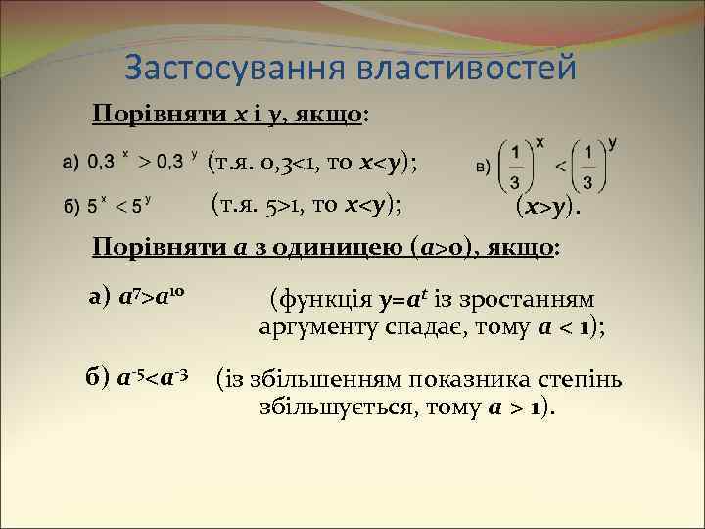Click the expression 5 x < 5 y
point(116,207)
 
